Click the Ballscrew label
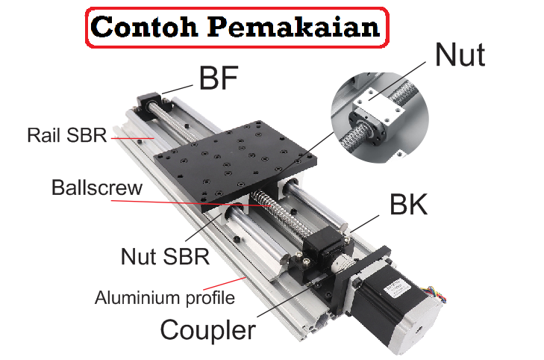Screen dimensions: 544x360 96,187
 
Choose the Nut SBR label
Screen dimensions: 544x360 165,257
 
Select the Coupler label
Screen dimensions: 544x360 208,329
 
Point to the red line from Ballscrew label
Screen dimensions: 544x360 201,199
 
